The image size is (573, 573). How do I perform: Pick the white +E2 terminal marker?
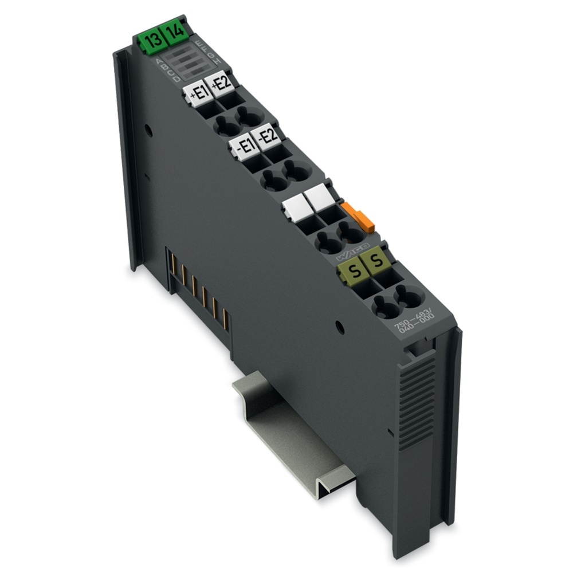[219, 84]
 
